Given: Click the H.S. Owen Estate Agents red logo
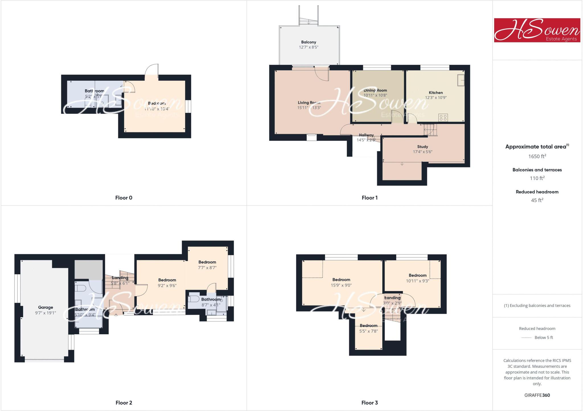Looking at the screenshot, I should (537, 30).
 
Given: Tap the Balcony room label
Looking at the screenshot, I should (309, 42).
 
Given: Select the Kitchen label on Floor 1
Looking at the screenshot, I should (436, 93).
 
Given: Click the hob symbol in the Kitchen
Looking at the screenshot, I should (443, 117).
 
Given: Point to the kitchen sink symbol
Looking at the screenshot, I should (461, 80).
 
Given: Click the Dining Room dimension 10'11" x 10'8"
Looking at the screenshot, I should (375, 96).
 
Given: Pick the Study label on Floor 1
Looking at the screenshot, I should (422, 147).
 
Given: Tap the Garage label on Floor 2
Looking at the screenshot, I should (46, 307).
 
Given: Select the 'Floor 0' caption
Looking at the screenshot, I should (124, 198).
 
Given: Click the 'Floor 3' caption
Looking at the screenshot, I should (369, 403).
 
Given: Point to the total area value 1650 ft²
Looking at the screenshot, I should (537, 156).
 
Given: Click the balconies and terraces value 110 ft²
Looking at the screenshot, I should (537, 178).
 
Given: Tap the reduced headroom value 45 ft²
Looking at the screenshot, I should (537, 200).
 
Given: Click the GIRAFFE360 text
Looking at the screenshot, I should (537, 395).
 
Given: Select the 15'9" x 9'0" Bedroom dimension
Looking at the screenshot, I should (341, 285).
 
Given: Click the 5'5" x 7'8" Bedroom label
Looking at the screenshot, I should (368, 326).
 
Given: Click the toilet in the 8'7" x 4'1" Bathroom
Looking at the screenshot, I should (194, 299).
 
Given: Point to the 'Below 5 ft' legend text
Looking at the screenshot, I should (544, 338).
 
